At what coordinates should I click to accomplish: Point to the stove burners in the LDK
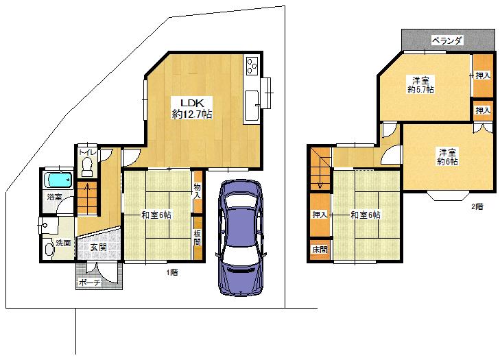251,67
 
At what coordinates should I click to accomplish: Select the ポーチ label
89,282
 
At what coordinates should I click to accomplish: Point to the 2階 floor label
476,206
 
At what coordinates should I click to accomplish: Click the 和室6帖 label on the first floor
156,215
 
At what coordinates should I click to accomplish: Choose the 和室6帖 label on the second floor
365,215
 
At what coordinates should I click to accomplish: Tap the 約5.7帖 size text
420,90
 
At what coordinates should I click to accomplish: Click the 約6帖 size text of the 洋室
447,161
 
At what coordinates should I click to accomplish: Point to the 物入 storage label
198,191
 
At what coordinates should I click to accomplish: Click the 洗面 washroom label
63,243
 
